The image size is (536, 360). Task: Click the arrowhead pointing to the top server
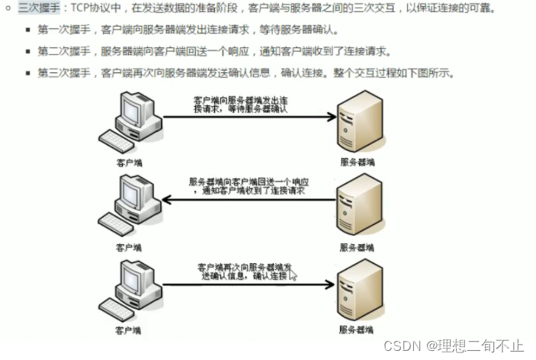(331, 117)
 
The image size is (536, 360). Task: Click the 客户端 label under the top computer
(129, 162)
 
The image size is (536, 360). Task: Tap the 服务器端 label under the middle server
(357, 247)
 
